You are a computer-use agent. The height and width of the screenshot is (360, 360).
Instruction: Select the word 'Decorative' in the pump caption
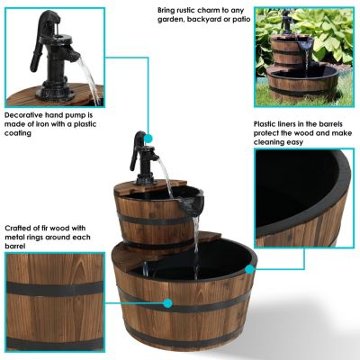(x=24, y=116)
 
